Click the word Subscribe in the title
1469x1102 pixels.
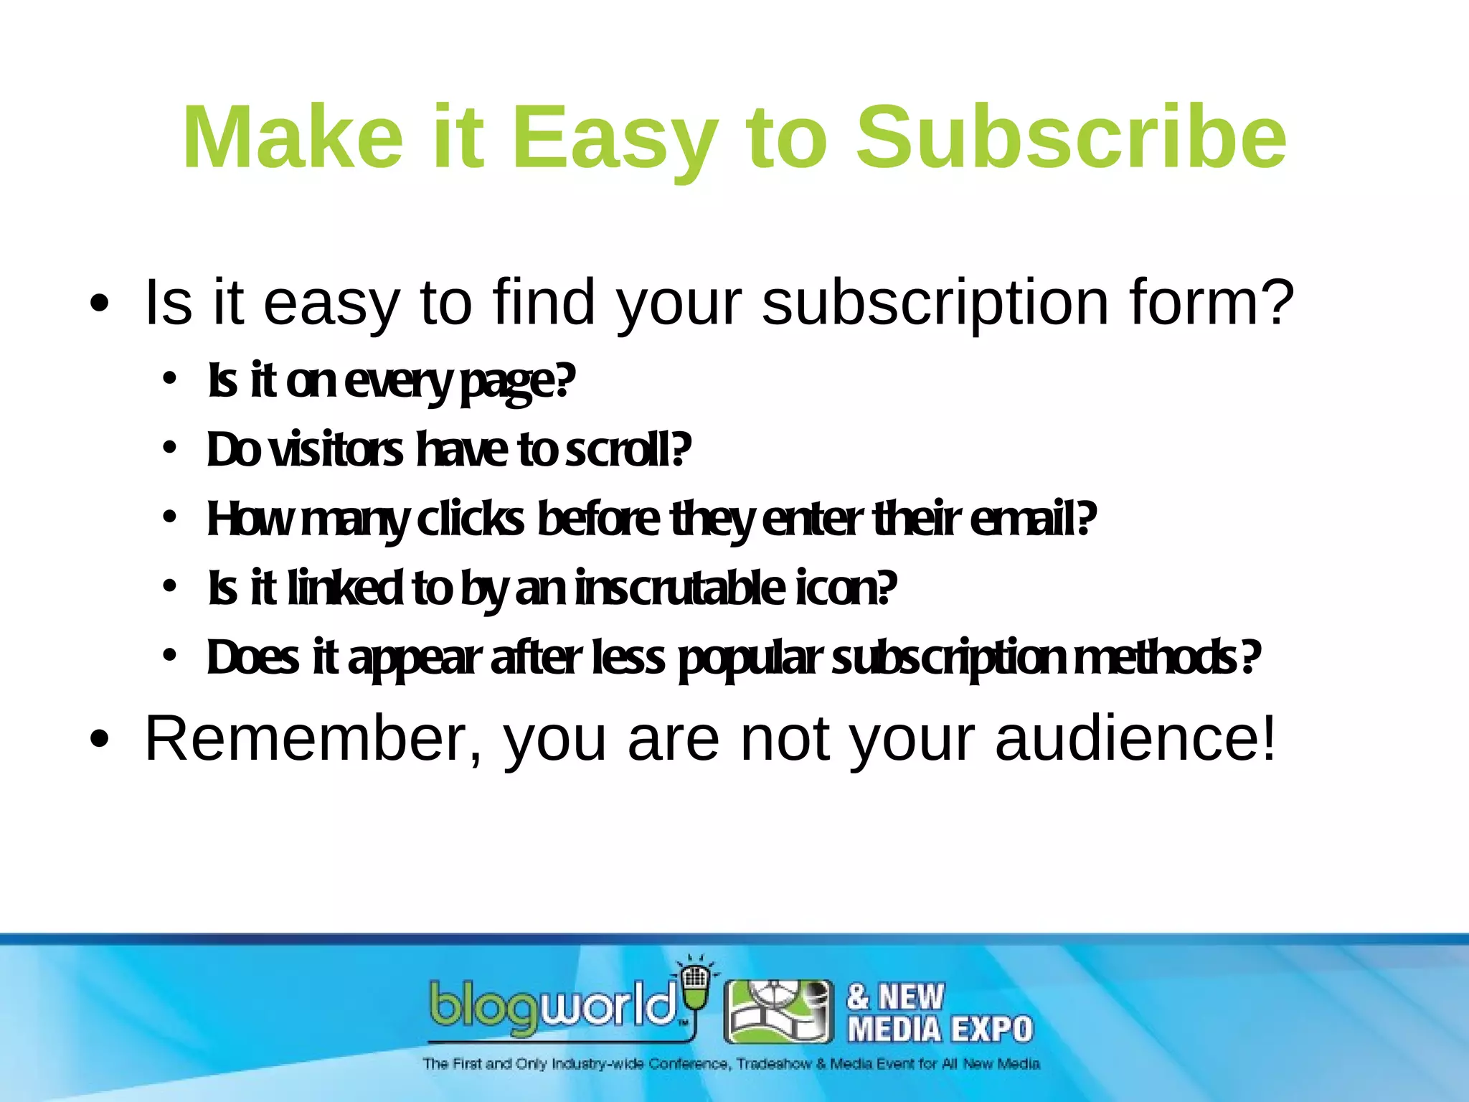pyautogui.click(x=1072, y=138)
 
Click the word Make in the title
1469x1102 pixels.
pyautogui.click(x=293, y=138)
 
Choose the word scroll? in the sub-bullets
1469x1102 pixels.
pyautogui.click(x=628, y=451)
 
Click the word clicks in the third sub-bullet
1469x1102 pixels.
pyautogui.click(x=471, y=519)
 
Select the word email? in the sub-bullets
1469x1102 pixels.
pyautogui.click(x=1033, y=519)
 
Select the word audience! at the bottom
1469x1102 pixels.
pyautogui.click(x=1136, y=739)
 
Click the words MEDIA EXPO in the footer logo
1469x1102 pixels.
pyautogui.click(x=940, y=1030)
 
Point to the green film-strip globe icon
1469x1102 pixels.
pyautogui.click(x=779, y=1012)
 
